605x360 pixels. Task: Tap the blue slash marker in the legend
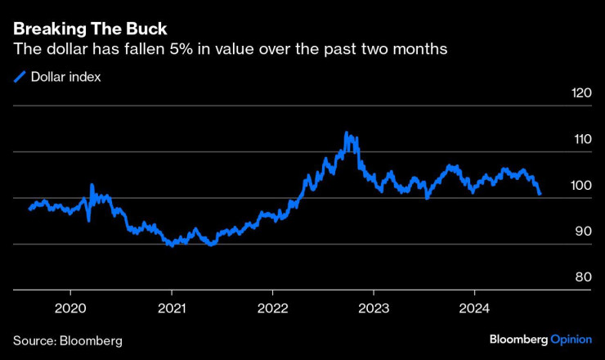(x=19, y=77)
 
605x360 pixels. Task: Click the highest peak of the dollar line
(x=347, y=133)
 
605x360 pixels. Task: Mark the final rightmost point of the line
(x=540, y=194)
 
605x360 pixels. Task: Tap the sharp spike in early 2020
(x=92, y=185)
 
